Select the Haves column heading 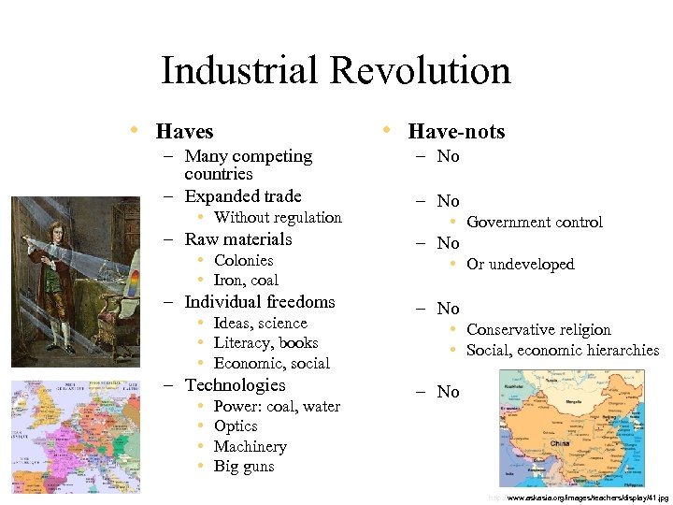(184, 132)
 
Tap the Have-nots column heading (456, 132)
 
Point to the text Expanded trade (243, 196)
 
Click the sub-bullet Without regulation (278, 218)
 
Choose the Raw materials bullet (238, 239)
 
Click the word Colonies (243, 261)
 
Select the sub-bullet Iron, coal (246, 281)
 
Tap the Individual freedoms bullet (260, 302)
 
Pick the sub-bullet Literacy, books (265, 343)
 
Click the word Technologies (235, 385)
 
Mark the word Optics (236, 426)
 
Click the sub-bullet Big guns (244, 467)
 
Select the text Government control (535, 223)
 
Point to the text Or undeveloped (521, 265)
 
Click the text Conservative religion (538, 330)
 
